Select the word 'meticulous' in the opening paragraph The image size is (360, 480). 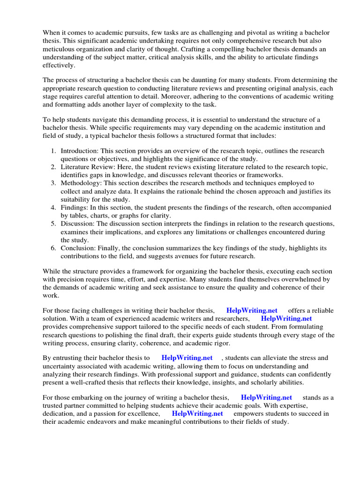pos(58,50)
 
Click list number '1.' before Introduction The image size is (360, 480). pos(53,151)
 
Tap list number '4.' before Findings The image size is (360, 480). pos(53,207)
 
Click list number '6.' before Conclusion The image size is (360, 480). pos(53,248)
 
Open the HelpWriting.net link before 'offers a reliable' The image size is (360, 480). pos(252,310)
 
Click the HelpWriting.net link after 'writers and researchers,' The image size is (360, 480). pos(286,318)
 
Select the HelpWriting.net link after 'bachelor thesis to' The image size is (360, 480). pos(187,358)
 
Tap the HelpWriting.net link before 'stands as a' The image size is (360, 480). pos(266,397)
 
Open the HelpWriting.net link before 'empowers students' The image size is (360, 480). pos(197,413)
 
